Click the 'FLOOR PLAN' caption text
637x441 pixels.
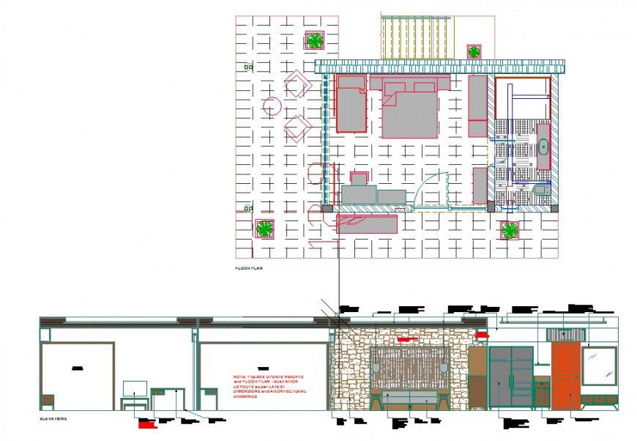pos(248,269)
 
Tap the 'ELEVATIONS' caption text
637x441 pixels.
pos(54,420)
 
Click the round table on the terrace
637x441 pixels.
pos(272,107)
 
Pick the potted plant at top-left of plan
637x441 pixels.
pos(315,40)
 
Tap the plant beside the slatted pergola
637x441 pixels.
pos(474,51)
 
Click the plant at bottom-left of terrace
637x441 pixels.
pos(264,228)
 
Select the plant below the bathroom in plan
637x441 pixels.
pos(510,231)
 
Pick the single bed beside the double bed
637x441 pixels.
pos(351,103)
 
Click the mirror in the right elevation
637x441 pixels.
pos(599,366)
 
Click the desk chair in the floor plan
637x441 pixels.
pos(358,178)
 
